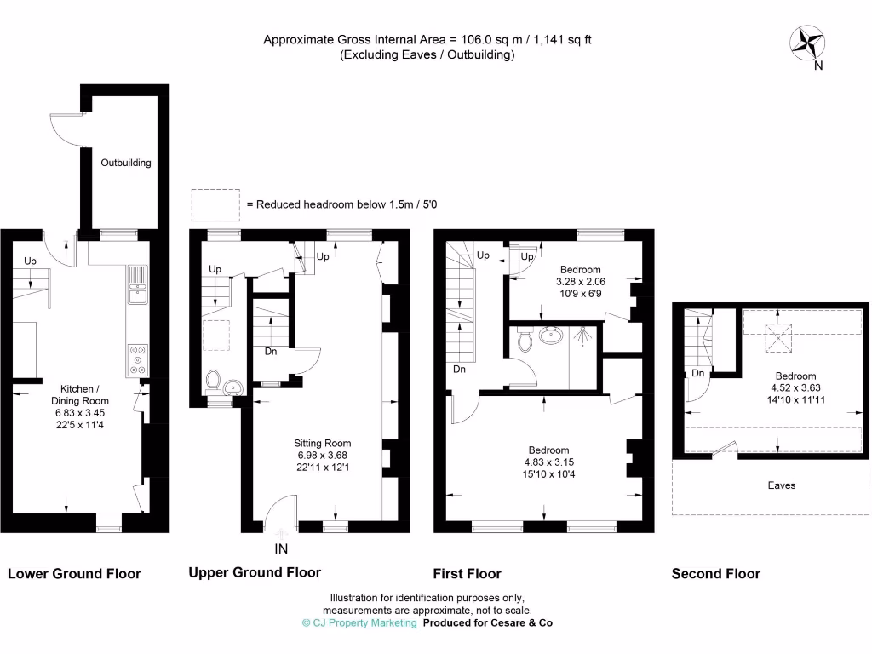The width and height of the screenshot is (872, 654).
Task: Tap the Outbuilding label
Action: (x=126, y=163)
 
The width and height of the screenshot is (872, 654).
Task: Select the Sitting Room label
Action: (x=322, y=443)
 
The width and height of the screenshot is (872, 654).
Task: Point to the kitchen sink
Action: (x=137, y=292)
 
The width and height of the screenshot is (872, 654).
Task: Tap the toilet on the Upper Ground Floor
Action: (x=213, y=382)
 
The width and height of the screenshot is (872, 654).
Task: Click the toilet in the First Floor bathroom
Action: (x=525, y=340)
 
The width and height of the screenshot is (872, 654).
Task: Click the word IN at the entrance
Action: (x=281, y=548)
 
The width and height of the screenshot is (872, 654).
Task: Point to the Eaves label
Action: (x=781, y=485)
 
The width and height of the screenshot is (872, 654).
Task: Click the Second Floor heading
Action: (x=715, y=574)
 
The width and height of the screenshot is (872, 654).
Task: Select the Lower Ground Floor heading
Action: (x=74, y=574)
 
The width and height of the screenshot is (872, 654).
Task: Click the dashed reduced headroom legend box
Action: (x=215, y=204)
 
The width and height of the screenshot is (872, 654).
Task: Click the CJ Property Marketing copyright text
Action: (x=359, y=623)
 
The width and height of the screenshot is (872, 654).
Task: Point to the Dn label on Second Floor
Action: (x=697, y=373)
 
